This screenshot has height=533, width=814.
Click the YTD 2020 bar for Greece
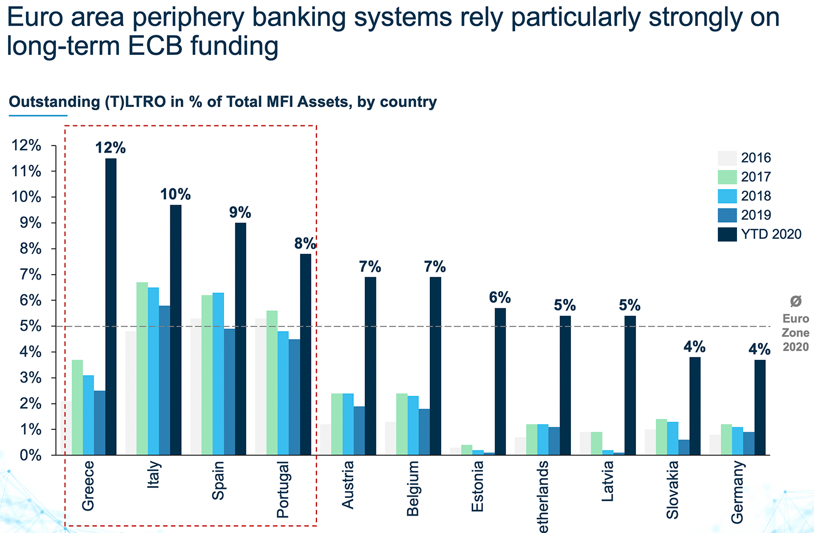point(111,307)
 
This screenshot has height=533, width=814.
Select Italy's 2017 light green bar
point(142,369)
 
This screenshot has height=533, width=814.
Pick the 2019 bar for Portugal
point(294,397)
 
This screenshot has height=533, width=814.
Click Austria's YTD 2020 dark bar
point(370,366)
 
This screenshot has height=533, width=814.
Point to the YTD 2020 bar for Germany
point(760,407)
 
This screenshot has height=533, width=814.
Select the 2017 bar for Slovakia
point(662,437)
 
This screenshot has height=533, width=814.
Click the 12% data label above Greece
point(110,148)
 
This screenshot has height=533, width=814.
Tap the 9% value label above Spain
point(240,212)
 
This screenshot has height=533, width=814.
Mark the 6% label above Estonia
point(500,297)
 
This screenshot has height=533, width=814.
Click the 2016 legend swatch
point(727,158)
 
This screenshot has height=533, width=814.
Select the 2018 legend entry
point(756,196)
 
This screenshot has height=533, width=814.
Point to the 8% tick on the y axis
point(26,249)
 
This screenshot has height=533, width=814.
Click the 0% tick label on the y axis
point(26,455)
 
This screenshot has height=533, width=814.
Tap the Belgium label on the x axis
point(413,488)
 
